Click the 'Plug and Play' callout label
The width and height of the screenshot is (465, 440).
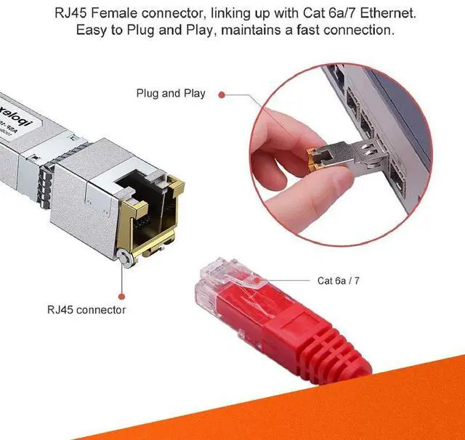(171, 94)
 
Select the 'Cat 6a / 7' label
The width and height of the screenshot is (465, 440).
(339, 280)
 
